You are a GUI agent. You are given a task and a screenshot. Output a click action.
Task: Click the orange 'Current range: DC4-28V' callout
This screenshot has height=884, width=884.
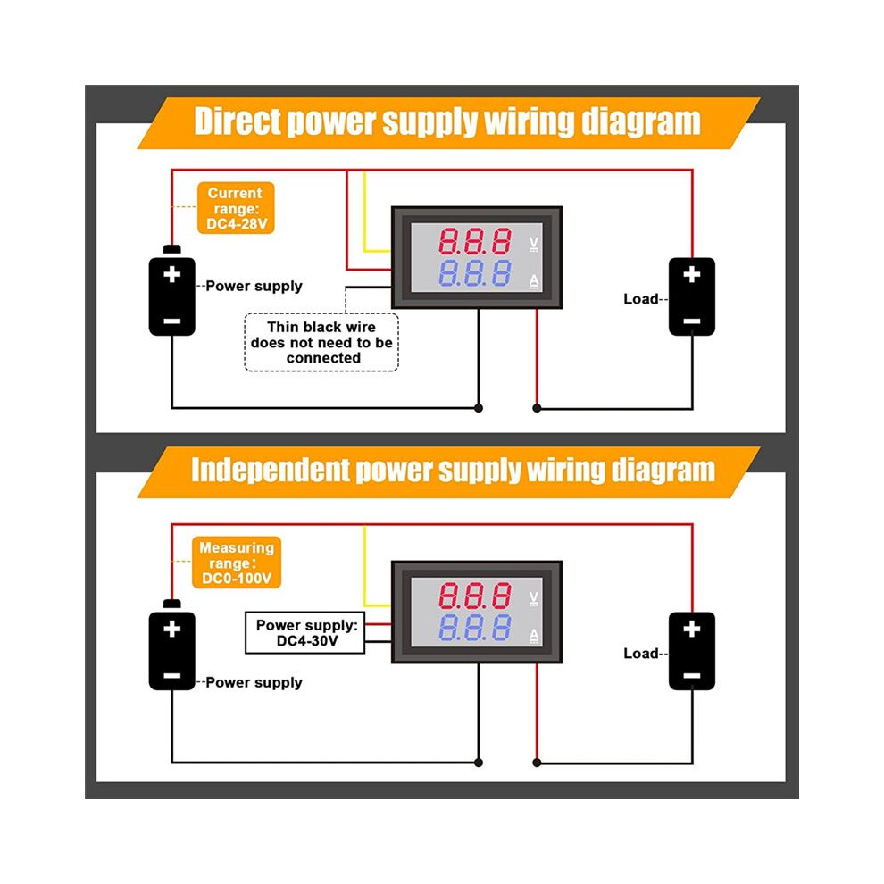click(236, 208)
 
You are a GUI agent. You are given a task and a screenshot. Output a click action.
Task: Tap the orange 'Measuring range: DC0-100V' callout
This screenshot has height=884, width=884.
click(237, 563)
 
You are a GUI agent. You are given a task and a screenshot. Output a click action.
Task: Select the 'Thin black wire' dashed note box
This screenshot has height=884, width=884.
click(321, 342)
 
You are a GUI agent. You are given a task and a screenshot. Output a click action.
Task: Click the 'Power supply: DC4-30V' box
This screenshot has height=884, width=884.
click(305, 632)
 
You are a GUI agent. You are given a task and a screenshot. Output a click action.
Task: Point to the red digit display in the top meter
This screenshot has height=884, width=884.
click(475, 241)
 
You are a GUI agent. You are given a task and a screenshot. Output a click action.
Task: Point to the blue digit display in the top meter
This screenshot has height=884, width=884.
click(475, 273)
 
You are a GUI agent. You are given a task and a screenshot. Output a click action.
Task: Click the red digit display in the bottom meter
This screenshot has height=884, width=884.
click(475, 596)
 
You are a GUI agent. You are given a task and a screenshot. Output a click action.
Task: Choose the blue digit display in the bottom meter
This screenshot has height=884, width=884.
click(475, 628)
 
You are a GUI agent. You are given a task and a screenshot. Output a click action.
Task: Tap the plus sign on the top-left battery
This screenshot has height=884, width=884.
click(172, 274)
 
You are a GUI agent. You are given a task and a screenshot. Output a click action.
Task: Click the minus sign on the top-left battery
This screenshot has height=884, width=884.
click(172, 321)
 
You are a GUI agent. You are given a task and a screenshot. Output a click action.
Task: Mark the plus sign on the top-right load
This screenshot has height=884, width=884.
click(692, 274)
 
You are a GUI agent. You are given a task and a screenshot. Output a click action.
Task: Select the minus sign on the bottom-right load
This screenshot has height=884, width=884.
click(692, 675)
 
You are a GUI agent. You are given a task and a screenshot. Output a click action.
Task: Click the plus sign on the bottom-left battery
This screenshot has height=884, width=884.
click(172, 629)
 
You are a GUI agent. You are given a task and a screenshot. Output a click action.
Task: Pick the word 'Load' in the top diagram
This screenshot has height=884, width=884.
click(641, 299)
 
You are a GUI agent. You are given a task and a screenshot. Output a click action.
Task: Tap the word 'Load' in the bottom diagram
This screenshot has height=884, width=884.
click(641, 654)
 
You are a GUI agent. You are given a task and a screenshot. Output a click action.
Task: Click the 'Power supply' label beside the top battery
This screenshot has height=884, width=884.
click(254, 287)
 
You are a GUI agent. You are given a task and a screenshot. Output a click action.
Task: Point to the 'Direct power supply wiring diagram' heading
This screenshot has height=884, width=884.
click(447, 121)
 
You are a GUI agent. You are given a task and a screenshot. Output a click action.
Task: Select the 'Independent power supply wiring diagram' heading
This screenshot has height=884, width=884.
click(453, 471)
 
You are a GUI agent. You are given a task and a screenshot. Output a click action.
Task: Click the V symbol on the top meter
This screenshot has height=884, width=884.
click(534, 244)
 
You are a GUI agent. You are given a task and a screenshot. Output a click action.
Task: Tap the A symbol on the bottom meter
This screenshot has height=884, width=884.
click(534, 637)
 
